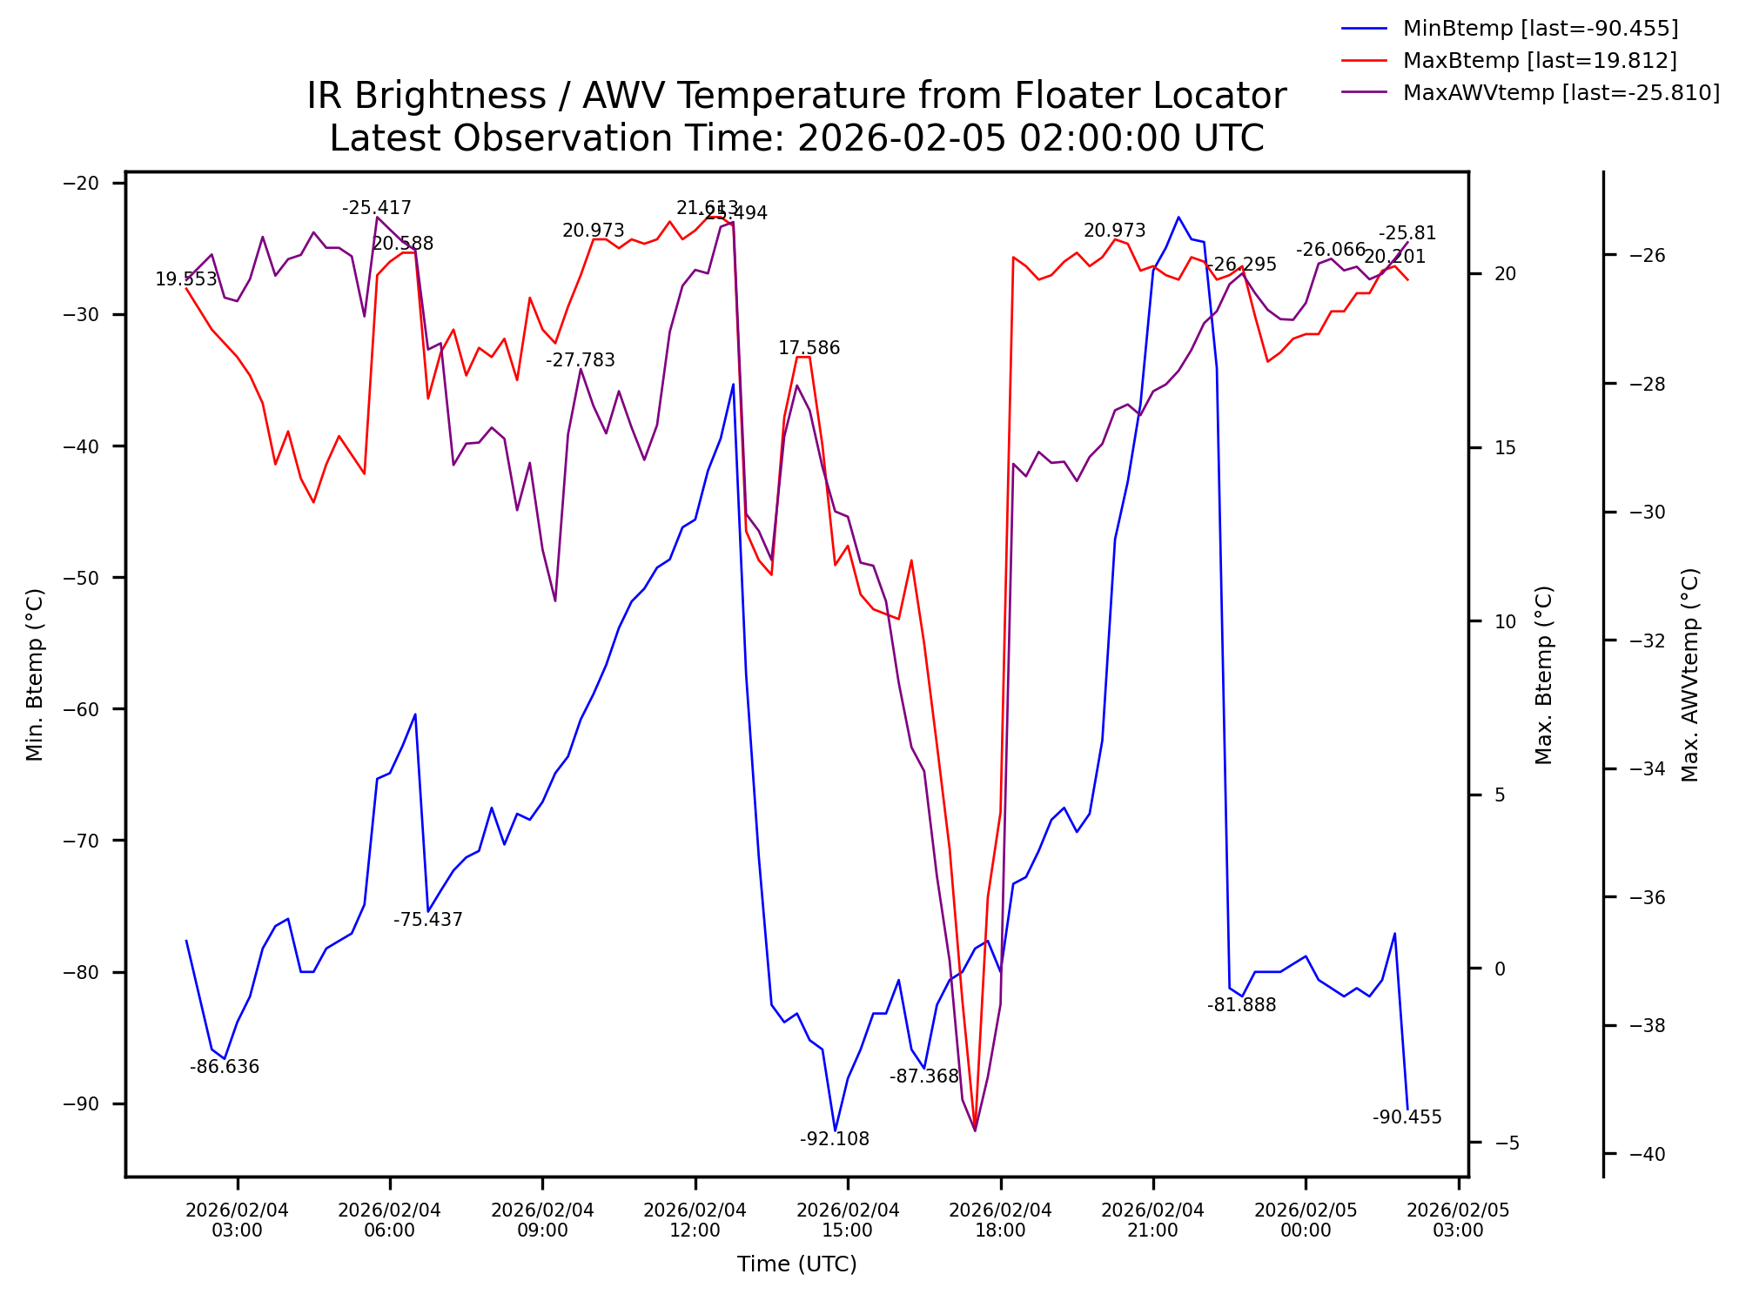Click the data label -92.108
tap(834, 1139)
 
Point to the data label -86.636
tap(225, 1067)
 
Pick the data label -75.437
tap(427, 920)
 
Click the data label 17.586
tap(809, 348)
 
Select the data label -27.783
tap(580, 360)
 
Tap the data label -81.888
tap(1241, 1005)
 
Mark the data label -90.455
tap(1407, 1117)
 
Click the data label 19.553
tap(186, 279)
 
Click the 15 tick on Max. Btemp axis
tap(1505, 448)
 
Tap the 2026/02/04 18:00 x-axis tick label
tap(1000, 1220)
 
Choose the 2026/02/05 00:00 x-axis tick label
tap(1306, 1220)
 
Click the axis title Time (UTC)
tap(796, 1264)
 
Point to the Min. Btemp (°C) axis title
tap(35, 674)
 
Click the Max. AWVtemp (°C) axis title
tap(1690, 674)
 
